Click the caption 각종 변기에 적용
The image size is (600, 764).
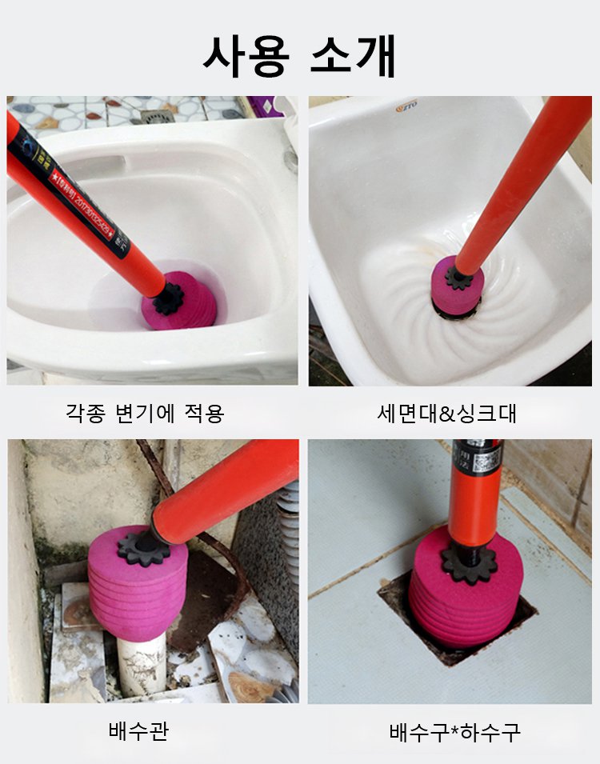tap(145, 413)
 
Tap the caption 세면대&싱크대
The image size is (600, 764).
tap(447, 413)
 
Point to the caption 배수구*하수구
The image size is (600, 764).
tap(454, 731)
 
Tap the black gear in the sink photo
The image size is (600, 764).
tap(459, 278)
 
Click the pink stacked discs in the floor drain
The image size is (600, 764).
tap(464, 608)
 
